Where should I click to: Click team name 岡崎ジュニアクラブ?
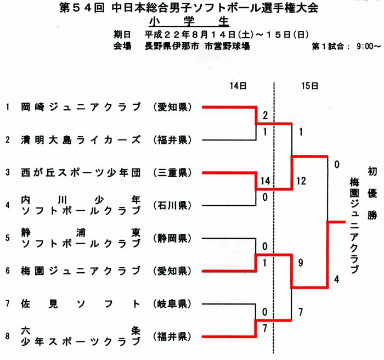81,107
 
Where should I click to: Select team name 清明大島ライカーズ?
81,140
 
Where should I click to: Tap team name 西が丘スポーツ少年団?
81,173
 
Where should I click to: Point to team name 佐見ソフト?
81,304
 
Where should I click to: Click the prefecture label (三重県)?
172,173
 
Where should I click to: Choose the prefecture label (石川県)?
172,205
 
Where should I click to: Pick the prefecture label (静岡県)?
172,238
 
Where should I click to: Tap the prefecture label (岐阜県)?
172,304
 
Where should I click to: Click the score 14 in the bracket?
265,181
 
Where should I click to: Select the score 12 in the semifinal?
301,181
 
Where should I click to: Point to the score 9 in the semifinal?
301,263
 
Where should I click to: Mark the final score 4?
337,279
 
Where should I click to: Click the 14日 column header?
238,86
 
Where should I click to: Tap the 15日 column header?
310,86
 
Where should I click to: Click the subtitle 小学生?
189,22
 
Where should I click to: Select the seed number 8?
8,336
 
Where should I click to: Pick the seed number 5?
8,238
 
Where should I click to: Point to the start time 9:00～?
369,46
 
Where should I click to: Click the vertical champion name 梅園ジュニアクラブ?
354,226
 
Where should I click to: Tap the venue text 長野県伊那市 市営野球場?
197,46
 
